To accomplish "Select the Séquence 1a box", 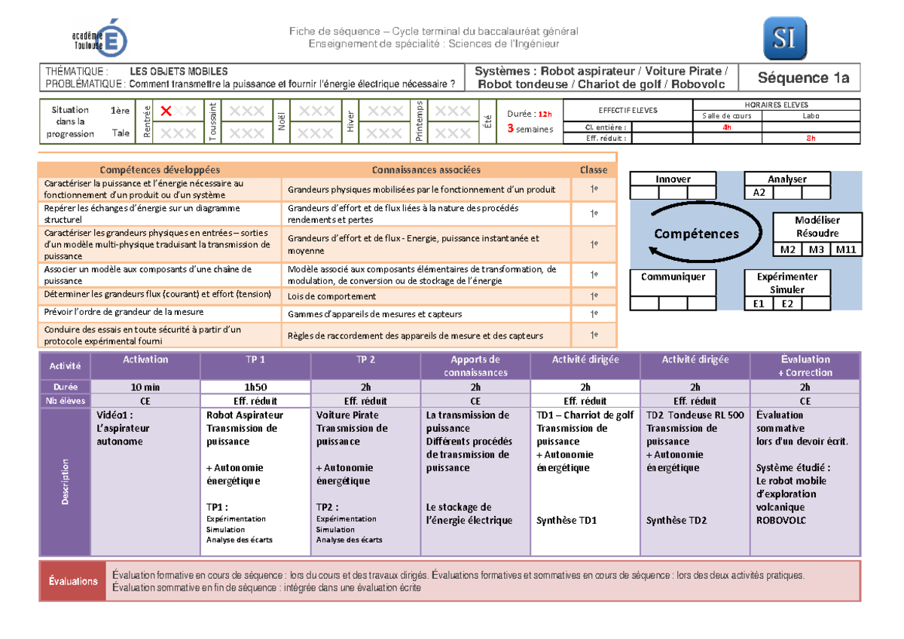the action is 803,78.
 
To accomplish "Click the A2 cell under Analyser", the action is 759,193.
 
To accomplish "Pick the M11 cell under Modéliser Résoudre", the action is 847,249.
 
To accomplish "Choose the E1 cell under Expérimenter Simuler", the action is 759,304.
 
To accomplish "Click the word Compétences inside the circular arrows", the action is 696,234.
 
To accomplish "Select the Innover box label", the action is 673,179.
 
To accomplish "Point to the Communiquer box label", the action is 673,277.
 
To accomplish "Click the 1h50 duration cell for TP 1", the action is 255,387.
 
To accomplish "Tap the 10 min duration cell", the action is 145,387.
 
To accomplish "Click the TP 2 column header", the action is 366,359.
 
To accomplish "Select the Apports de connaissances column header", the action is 475,365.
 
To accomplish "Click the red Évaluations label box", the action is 73,581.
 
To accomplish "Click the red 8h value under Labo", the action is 811,138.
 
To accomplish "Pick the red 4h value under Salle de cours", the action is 726,127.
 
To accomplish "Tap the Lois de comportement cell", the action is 331,297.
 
